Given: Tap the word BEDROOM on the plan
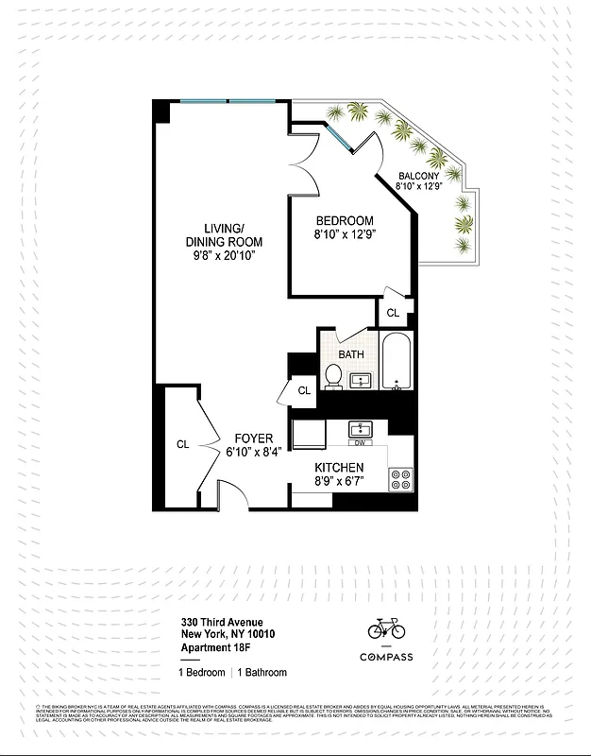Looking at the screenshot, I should point(345,220).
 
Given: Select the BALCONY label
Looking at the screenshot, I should point(417,176).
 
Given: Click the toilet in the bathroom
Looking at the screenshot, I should point(333,376).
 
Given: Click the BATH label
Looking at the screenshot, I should point(351,355).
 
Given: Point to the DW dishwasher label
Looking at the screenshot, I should point(360,442).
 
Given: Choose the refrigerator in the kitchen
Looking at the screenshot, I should point(307,436).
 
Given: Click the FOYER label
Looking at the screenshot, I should point(254,438).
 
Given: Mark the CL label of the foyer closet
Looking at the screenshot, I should point(182,443).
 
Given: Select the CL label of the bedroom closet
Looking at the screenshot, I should point(394,313).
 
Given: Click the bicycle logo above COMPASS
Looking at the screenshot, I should point(385,627).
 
